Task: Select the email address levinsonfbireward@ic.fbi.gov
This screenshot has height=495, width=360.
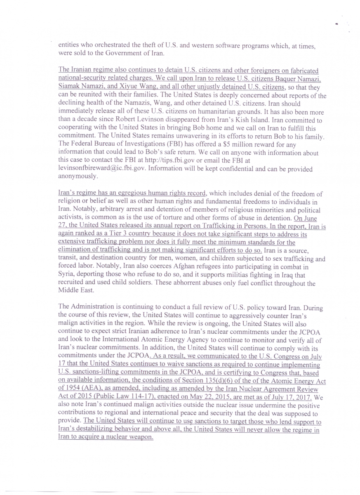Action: pyautogui.click(x=107, y=169)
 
